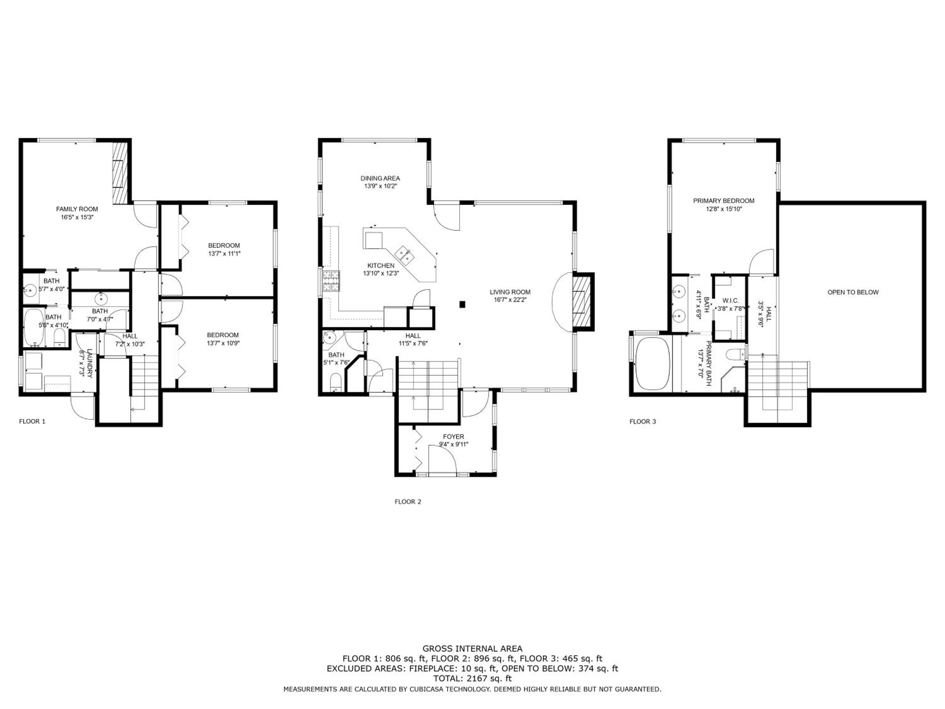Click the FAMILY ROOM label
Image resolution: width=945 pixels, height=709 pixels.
(x=77, y=209)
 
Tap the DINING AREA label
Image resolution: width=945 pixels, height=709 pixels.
(x=380, y=178)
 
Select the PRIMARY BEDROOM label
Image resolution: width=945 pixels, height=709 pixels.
(x=724, y=200)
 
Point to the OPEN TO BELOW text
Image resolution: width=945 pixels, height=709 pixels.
(x=853, y=292)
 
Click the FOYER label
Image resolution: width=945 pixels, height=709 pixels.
(x=453, y=437)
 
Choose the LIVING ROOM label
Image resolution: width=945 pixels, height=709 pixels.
(x=510, y=292)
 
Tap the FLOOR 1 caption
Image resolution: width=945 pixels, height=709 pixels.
(x=32, y=421)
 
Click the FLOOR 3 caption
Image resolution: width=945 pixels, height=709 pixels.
(x=643, y=421)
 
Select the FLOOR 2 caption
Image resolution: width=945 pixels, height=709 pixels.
(x=408, y=502)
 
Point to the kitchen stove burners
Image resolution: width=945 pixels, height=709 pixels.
(x=331, y=281)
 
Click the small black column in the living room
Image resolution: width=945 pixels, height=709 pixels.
(x=462, y=304)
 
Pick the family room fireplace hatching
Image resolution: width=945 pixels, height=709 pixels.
(x=120, y=173)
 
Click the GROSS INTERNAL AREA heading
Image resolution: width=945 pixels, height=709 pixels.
(x=472, y=649)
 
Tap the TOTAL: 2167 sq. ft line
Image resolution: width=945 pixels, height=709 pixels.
(x=472, y=678)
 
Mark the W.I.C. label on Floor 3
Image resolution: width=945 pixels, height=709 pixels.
(x=730, y=301)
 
